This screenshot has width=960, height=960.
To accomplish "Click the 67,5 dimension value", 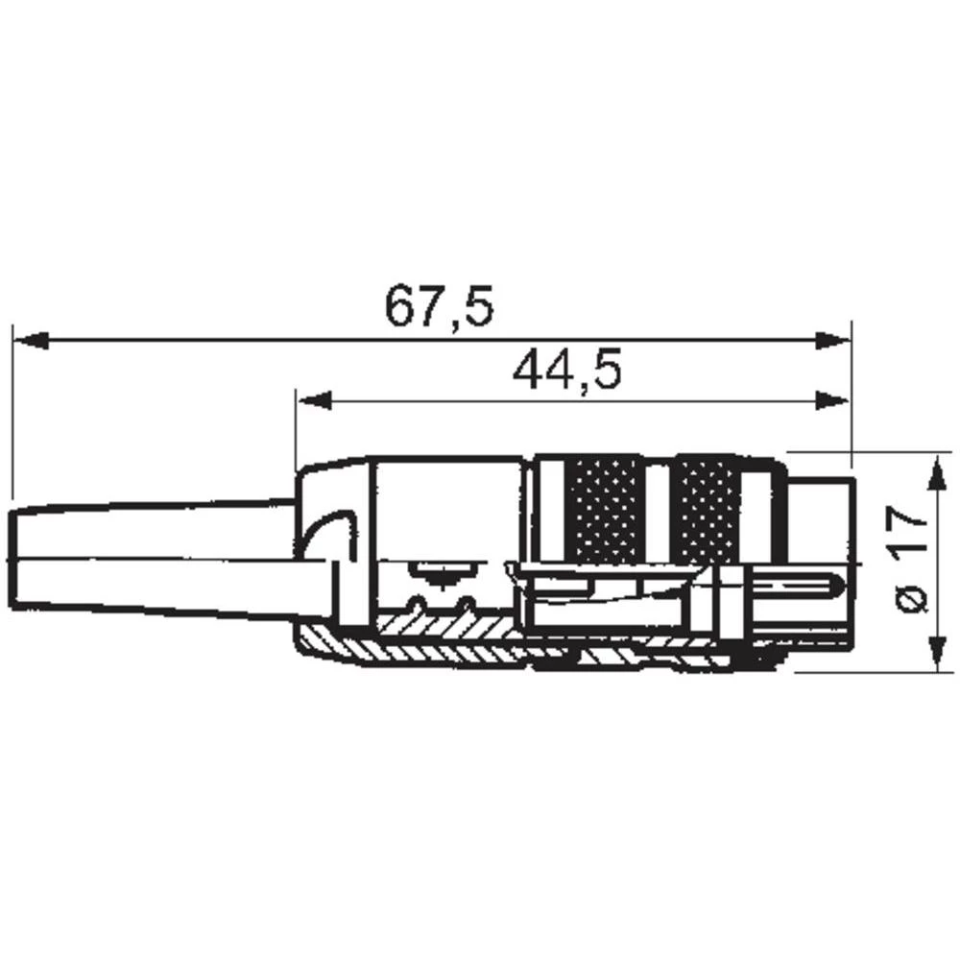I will pos(439,306).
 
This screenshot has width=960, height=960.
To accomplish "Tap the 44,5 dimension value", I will pos(567,369).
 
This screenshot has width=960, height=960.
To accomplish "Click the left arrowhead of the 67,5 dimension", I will pos(30,340).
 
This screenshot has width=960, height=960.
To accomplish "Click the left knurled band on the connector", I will pos(607,509).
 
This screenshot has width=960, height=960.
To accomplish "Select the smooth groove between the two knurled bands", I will pos(659,509).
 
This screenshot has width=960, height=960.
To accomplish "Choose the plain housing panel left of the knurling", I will pos(446,509).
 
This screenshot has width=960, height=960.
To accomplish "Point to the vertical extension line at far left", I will pos(12,413).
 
